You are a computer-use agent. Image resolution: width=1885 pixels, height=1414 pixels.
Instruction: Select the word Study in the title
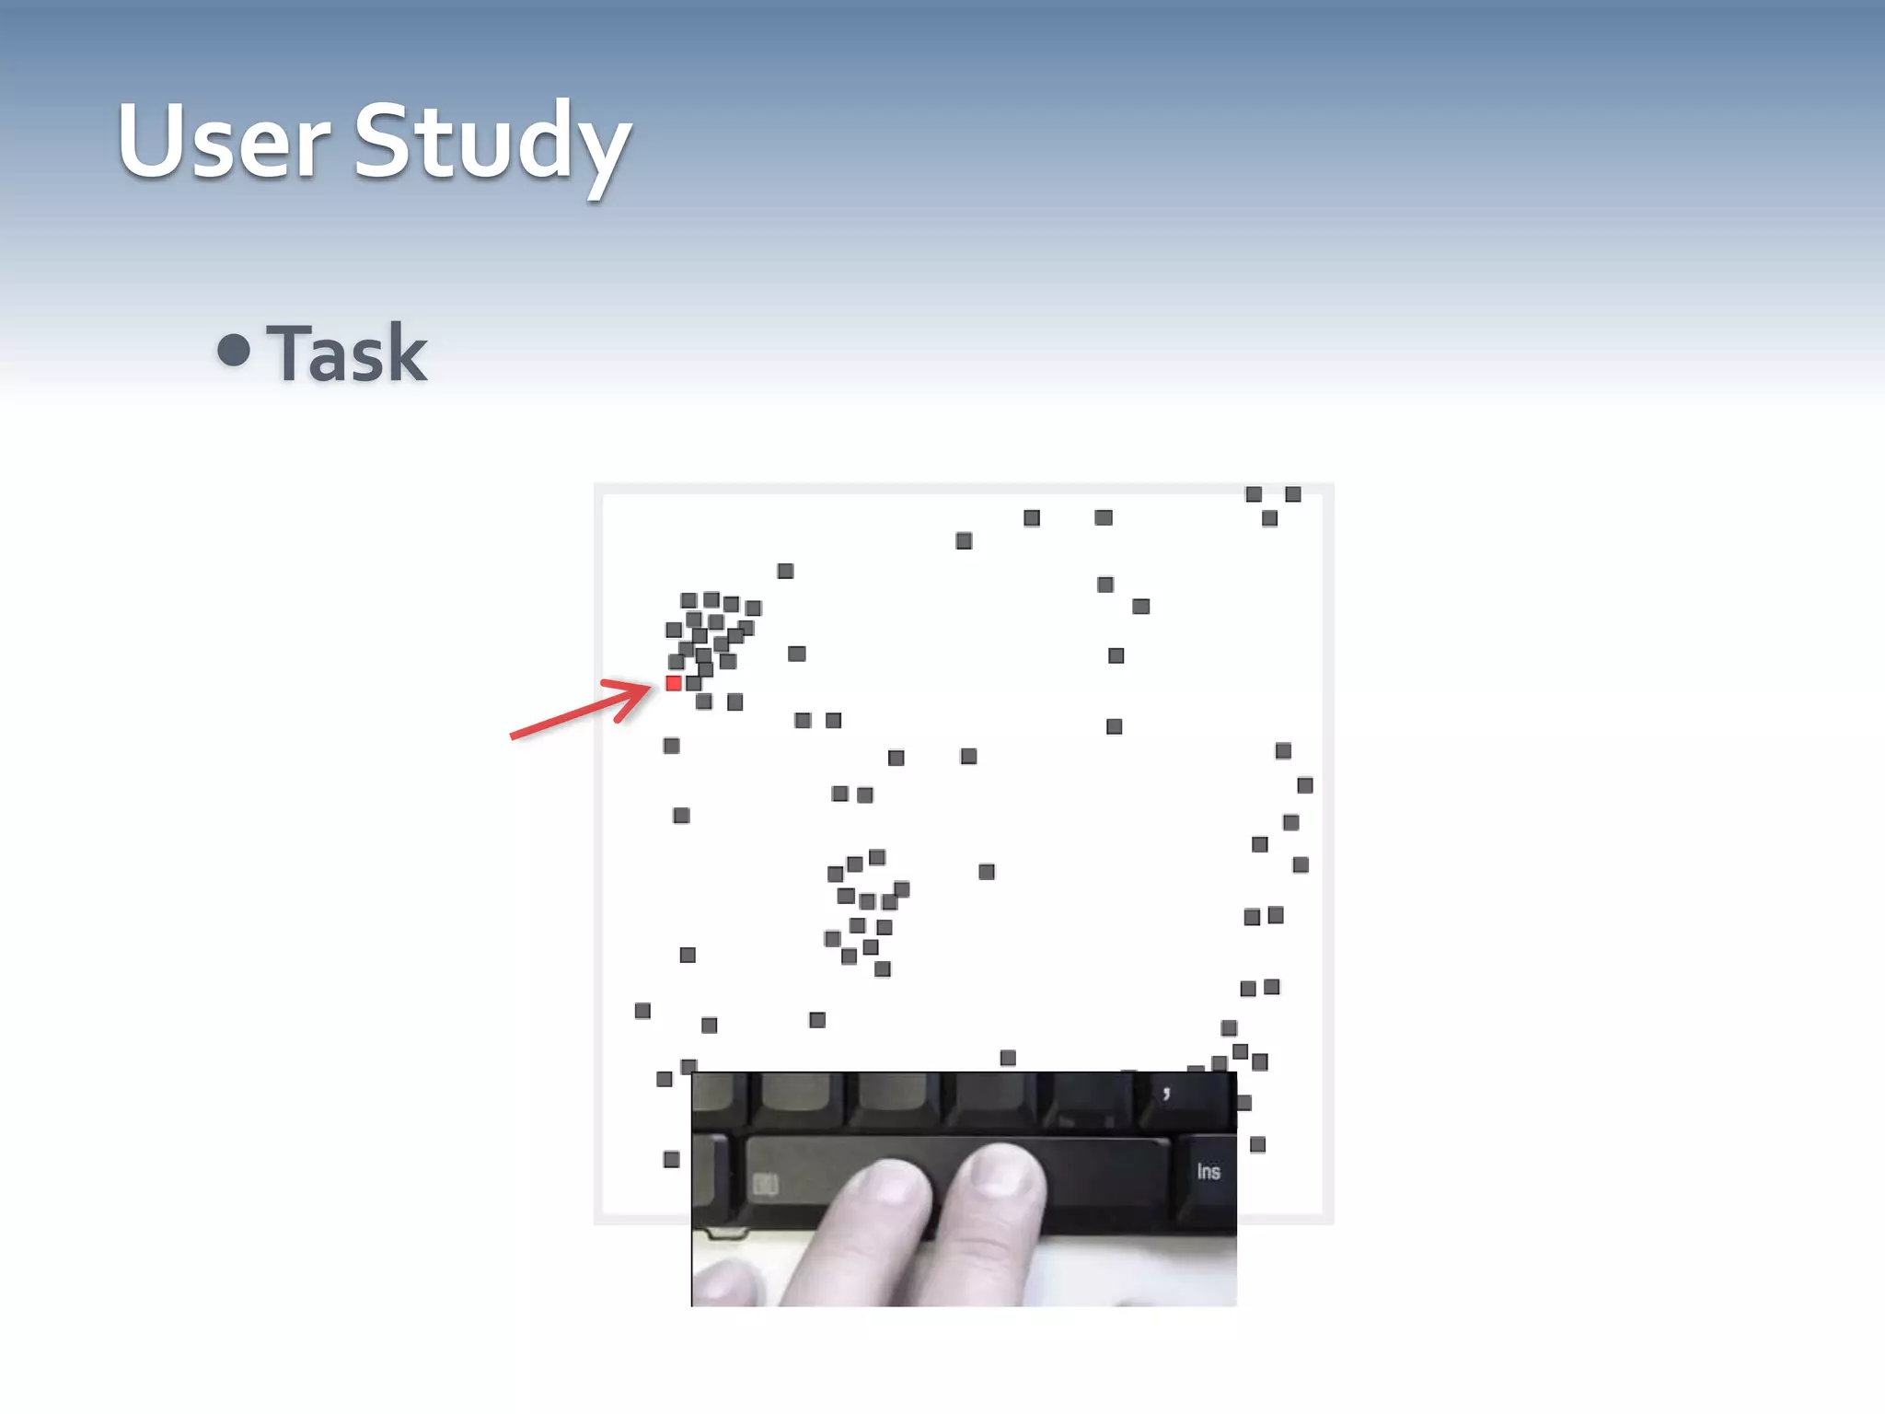pos(492,143)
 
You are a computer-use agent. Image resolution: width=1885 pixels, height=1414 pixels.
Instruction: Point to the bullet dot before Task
pos(234,350)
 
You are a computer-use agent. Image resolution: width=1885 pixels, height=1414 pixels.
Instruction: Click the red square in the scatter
pos(674,683)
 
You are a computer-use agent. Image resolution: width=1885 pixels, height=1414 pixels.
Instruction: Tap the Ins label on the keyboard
pos(1208,1171)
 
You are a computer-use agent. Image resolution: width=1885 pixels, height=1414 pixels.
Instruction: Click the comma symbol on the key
pos(1166,1094)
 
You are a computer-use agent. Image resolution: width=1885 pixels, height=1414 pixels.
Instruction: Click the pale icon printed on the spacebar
pos(766,1184)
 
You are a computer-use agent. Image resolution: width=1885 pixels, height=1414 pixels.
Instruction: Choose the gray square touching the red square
pos(694,683)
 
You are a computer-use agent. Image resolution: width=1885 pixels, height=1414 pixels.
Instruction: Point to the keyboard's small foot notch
pos(727,1233)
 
